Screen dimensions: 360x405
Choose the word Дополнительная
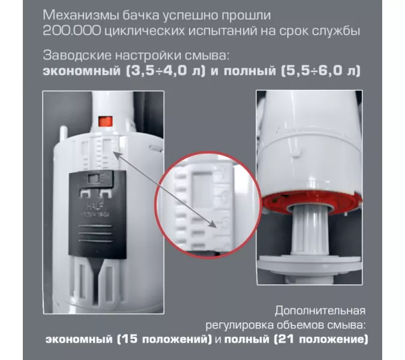tap(320, 311)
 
